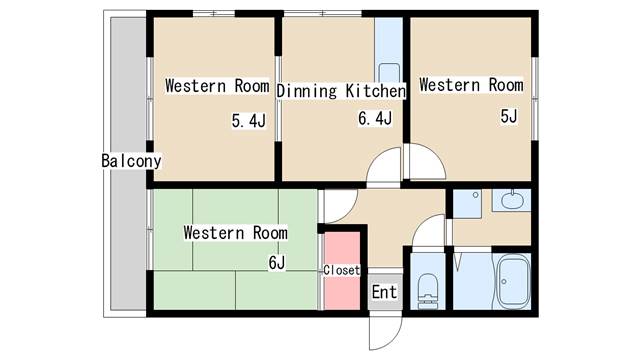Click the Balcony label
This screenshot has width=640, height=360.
click(x=131, y=161)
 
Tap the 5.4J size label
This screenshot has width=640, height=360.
click(x=249, y=121)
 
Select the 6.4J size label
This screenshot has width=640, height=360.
click(x=375, y=118)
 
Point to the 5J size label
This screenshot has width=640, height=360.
click(x=509, y=116)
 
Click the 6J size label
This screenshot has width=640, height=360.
click(x=277, y=262)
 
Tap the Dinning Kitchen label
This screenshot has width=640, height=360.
click(x=341, y=91)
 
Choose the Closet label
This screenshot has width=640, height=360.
click(x=341, y=270)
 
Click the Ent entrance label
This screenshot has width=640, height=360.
click(x=384, y=292)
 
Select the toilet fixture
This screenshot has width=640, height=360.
click(x=427, y=291)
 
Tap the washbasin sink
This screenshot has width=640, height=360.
click(x=512, y=200)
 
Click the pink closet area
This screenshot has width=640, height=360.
click(x=342, y=271)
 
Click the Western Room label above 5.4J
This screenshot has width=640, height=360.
click(x=217, y=86)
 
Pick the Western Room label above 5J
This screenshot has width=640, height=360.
click(x=471, y=85)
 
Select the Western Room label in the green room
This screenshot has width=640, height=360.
click(x=236, y=233)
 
